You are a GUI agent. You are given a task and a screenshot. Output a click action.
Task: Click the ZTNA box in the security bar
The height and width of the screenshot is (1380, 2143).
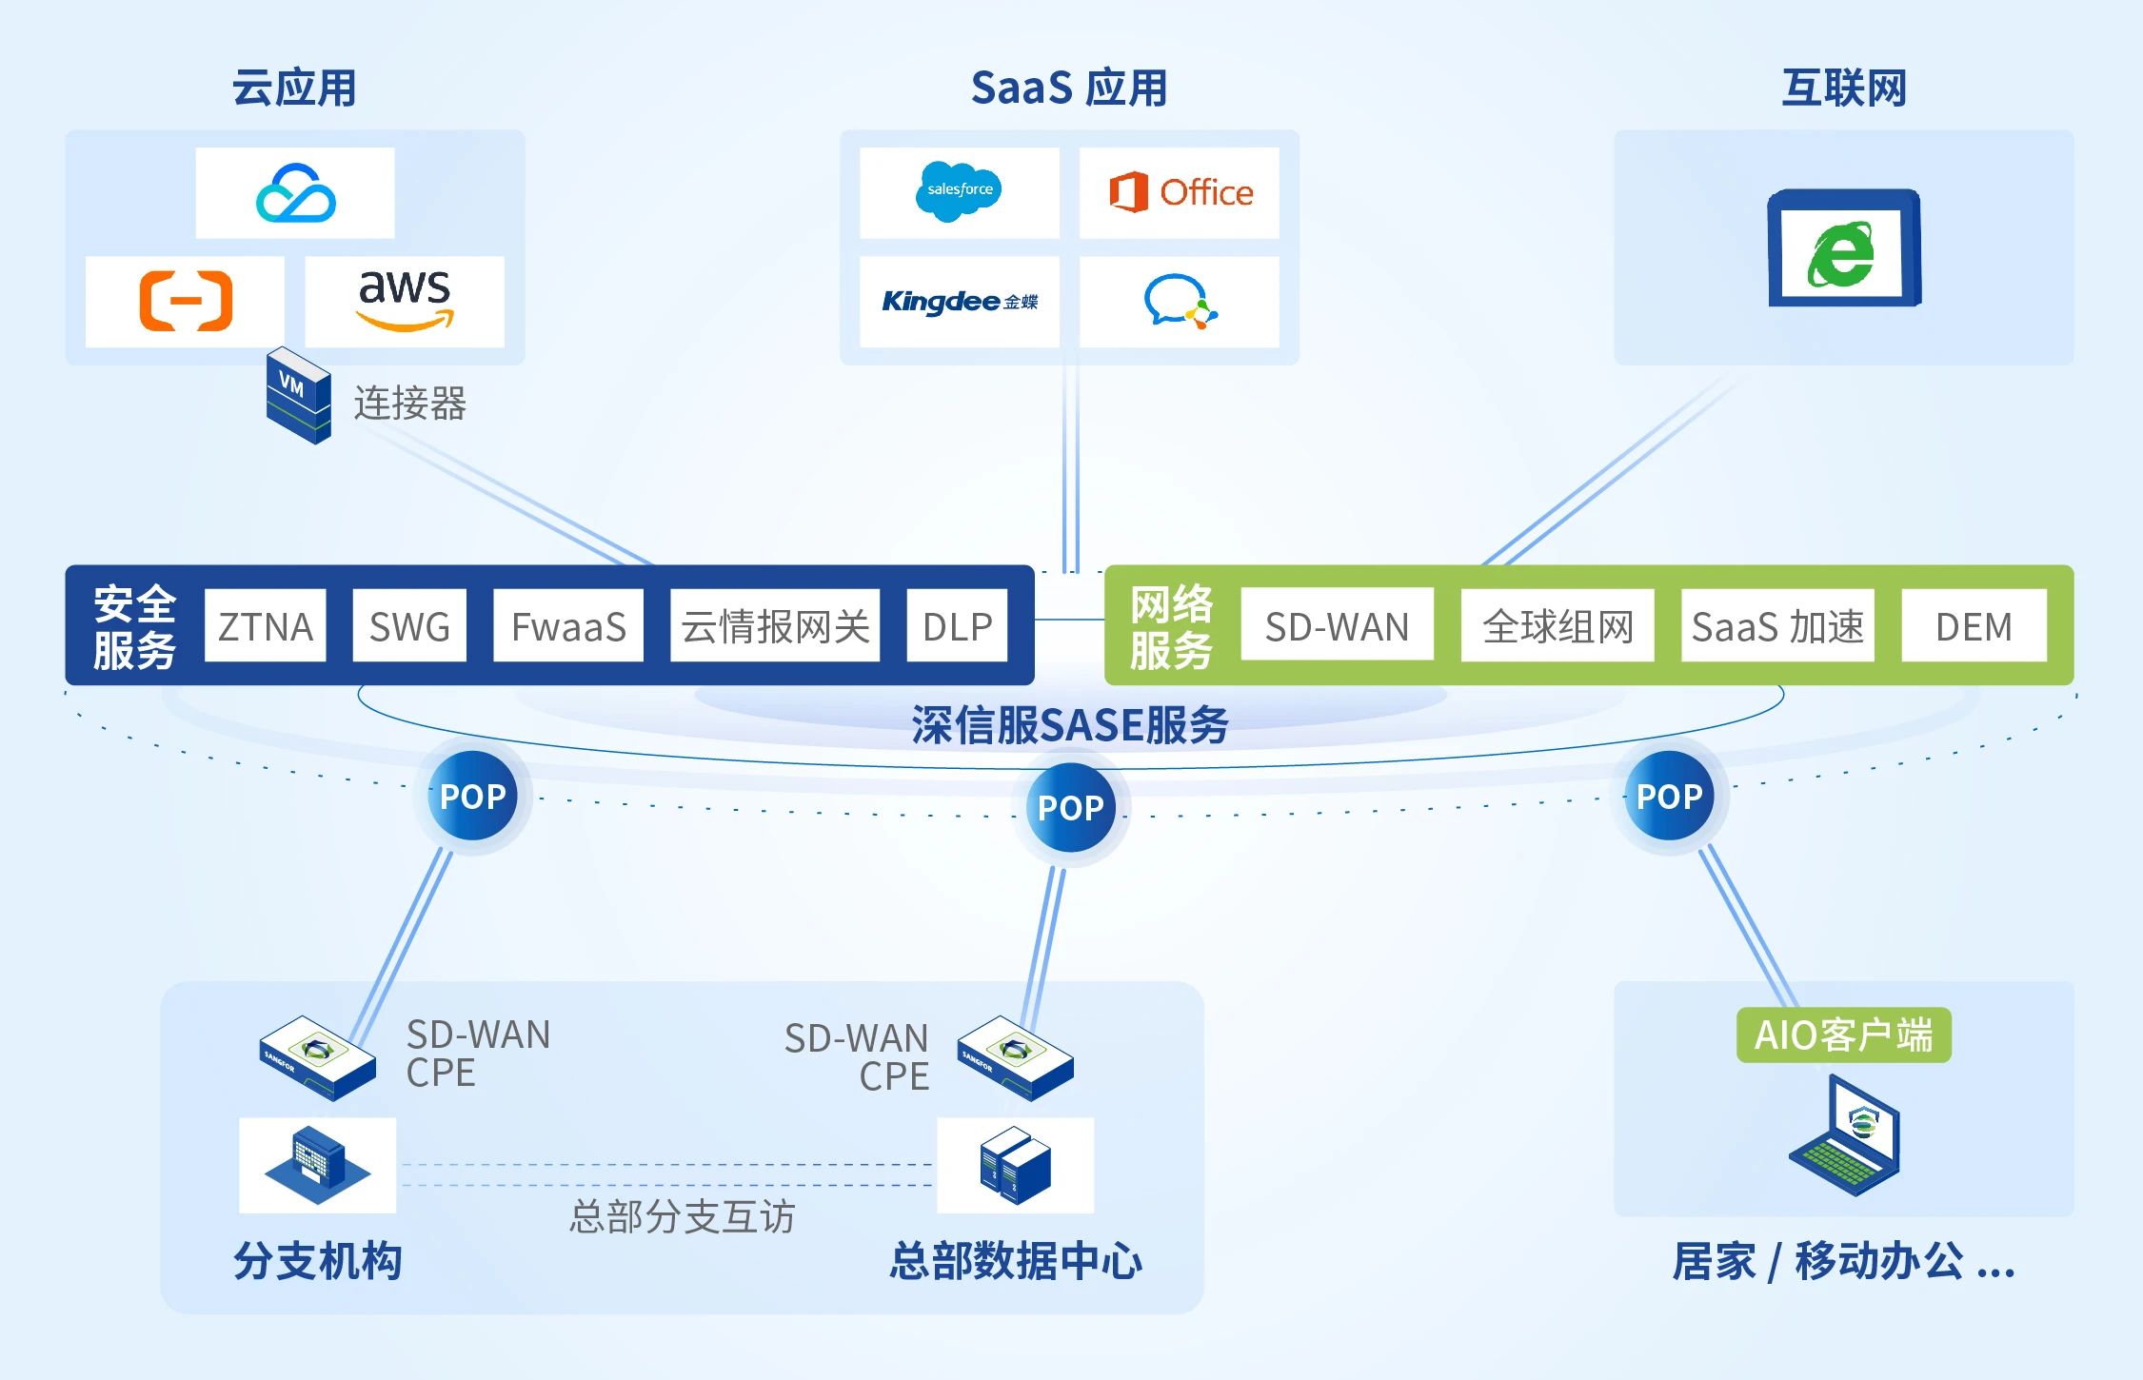(265, 625)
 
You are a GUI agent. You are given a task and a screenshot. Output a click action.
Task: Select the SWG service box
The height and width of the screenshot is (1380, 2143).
(409, 625)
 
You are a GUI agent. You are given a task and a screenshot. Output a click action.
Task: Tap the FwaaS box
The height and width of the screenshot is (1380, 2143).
(568, 625)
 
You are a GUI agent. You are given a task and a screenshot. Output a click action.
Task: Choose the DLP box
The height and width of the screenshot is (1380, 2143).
(957, 625)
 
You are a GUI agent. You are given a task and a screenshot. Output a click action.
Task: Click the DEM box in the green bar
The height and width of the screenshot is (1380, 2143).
(1974, 625)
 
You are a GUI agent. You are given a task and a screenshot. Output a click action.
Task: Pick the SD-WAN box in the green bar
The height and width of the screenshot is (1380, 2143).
(1337, 625)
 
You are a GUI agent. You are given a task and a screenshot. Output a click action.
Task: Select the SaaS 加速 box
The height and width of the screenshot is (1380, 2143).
(1777, 625)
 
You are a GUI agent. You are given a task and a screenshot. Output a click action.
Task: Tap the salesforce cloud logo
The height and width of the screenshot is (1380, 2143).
(959, 191)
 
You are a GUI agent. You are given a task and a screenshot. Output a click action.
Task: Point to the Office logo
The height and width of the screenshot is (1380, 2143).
(1181, 192)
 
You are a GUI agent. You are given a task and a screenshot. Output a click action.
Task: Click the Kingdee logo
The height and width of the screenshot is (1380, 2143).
(959, 302)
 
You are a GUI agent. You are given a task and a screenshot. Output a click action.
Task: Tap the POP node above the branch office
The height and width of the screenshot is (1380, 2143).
(473, 796)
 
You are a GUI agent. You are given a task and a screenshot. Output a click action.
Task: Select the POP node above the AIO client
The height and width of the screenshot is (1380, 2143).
(1669, 796)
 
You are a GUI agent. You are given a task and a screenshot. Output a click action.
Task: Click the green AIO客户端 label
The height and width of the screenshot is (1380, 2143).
(1843, 1035)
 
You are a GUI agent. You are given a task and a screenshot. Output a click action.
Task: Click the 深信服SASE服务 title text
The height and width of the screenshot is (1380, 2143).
(1070, 725)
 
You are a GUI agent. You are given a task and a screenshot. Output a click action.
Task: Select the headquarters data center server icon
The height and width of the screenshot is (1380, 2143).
(1015, 1165)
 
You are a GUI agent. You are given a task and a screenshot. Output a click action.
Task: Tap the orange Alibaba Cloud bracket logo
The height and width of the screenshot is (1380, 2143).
(186, 301)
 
